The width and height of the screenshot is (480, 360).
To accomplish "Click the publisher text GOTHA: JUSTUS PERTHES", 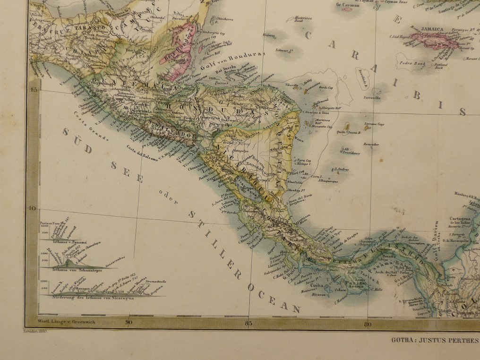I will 435,339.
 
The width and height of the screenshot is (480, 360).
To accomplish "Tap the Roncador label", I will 371,144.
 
